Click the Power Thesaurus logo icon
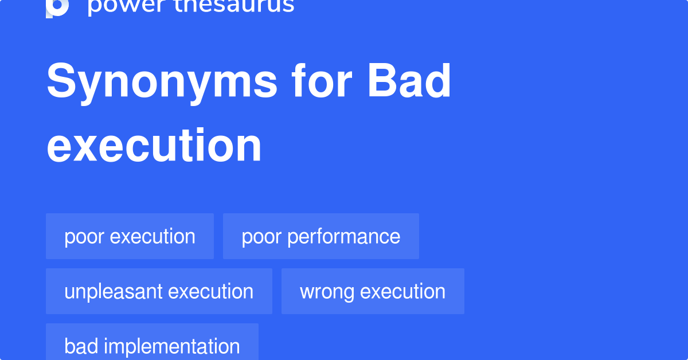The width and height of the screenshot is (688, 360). (x=57, y=7)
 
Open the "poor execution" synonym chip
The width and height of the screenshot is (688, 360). (x=130, y=236)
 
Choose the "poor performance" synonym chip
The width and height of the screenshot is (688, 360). (x=320, y=236)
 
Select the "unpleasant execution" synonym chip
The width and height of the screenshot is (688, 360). (x=159, y=291)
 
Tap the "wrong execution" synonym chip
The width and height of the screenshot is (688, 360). (x=373, y=291)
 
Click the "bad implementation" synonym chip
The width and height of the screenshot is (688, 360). (x=152, y=346)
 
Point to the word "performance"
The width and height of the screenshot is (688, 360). (x=344, y=237)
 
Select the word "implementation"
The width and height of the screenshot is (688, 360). (x=172, y=346)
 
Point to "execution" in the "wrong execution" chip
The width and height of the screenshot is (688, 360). (x=402, y=292)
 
